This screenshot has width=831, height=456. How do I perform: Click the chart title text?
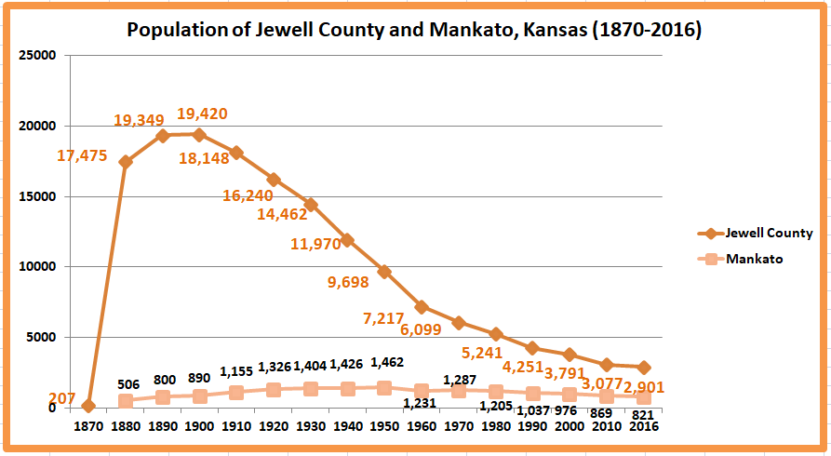(414, 30)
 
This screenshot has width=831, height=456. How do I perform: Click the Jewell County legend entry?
(769, 233)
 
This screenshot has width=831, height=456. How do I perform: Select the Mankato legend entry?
(754, 259)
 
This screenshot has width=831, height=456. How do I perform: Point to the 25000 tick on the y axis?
(38, 56)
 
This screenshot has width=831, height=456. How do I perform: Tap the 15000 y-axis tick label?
(38, 196)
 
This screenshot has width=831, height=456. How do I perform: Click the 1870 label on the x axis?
(88, 426)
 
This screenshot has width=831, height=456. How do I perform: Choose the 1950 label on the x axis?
(384, 426)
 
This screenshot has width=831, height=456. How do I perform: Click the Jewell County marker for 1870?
(88, 406)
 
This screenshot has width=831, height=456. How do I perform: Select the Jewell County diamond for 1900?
(199, 135)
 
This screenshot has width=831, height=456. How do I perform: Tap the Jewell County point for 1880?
(126, 162)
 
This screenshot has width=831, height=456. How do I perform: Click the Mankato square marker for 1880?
(126, 401)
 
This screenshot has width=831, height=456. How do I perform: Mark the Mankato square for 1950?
(384, 388)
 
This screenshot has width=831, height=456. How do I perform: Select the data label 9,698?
(349, 281)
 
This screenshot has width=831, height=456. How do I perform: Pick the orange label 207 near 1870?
(61, 399)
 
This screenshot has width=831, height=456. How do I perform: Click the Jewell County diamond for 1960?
(422, 307)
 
